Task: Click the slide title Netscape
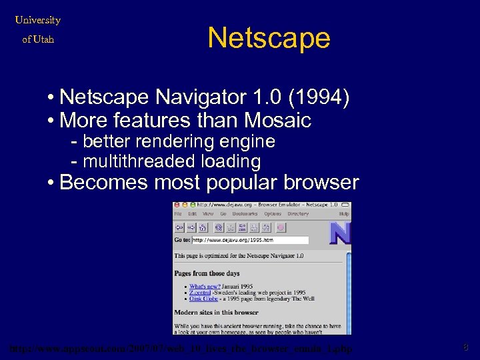(269, 38)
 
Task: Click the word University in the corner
(37, 20)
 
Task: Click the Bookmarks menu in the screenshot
(245, 214)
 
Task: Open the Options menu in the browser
(272, 214)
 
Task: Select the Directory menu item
(298, 214)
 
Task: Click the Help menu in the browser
(344, 214)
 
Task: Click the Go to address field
(250, 240)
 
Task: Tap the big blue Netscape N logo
(340, 233)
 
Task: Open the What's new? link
(203, 287)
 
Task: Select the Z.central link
(201, 293)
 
